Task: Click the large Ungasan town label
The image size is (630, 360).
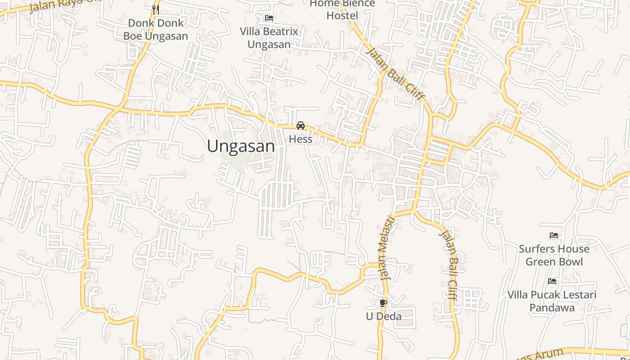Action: click(241, 146)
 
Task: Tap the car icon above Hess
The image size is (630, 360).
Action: click(301, 126)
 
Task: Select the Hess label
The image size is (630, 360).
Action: click(301, 139)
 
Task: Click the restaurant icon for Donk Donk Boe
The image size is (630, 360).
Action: click(156, 9)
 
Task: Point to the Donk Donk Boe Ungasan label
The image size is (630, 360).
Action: click(156, 29)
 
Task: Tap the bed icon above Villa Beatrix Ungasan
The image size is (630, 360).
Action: click(269, 18)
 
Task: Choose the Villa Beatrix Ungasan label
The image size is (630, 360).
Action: click(269, 38)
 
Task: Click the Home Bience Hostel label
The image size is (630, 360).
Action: click(342, 9)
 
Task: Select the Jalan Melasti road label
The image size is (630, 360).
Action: click(387, 248)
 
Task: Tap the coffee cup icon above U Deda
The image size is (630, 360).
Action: click(383, 303)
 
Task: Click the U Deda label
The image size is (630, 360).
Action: click(383, 316)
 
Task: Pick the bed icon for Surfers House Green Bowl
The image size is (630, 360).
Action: click(554, 235)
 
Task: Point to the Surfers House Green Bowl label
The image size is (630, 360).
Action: click(554, 255)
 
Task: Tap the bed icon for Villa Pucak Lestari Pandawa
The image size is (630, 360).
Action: click(552, 281)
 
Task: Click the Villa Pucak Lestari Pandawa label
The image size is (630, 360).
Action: click(552, 301)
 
